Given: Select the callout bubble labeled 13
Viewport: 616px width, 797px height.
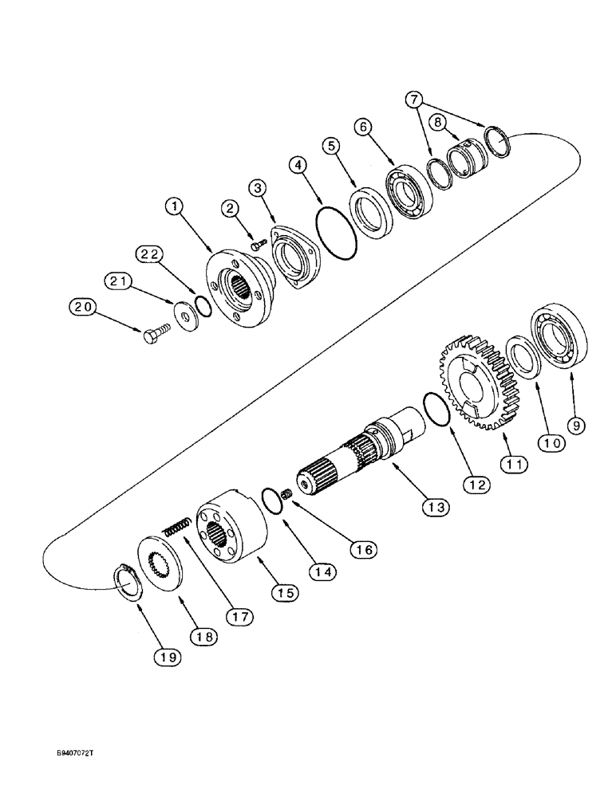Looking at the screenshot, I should click(x=437, y=505).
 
